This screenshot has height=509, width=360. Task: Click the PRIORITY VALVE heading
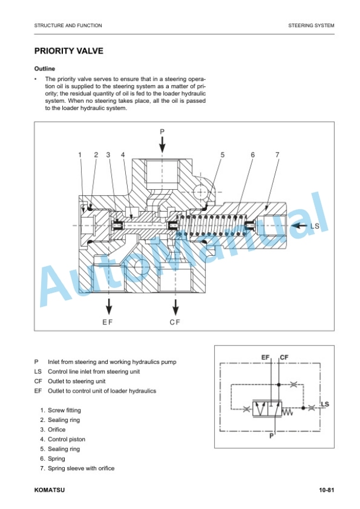tap(69, 51)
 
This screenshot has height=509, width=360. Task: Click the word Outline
tap(45, 69)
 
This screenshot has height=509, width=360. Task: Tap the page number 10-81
tap(326, 490)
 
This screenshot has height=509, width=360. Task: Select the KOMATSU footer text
tap(49, 490)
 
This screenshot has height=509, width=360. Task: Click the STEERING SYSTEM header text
tap(311, 25)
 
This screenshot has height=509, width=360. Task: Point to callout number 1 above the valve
tap(80, 155)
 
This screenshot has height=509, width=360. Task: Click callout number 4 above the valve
tap(123, 155)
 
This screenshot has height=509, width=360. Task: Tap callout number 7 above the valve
tap(277, 155)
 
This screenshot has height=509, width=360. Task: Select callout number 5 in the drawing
tap(222, 155)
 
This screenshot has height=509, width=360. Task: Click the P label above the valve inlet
tap(162, 132)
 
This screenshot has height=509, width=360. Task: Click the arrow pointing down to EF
tap(109, 306)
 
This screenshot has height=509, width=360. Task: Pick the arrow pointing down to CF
tap(175, 307)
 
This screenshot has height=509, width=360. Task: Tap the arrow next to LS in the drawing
tap(299, 226)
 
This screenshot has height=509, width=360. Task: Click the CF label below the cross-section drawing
tap(175, 322)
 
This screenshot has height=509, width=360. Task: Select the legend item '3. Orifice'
tap(53, 430)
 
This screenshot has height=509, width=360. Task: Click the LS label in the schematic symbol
tap(325, 404)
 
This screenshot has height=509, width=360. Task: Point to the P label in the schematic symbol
tap(272, 436)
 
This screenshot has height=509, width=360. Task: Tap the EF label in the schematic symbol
tap(265, 357)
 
